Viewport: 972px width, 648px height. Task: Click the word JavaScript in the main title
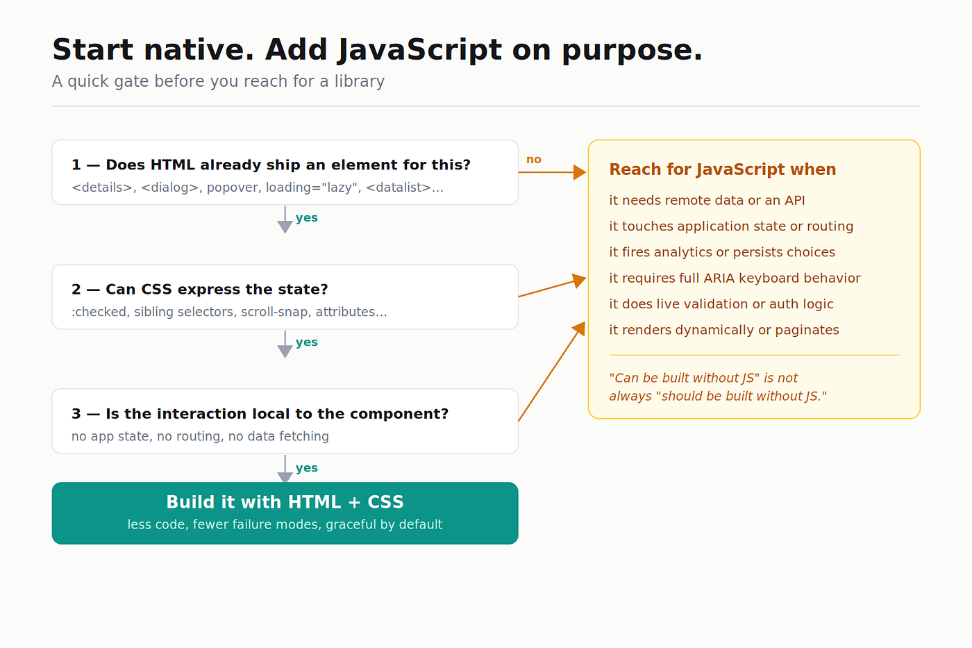pyautogui.click(x=419, y=50)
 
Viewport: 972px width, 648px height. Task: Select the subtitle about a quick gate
pyautogui.click(x=218, y=81)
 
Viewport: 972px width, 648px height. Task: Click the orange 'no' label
pyautogui.click(x=534, y=160)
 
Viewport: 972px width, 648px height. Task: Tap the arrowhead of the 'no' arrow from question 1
pyautogui.click(x=580, y=172)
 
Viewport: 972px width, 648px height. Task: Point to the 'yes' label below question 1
pyautogui.click(x=307, y=218)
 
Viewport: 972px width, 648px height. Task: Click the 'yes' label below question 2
pyautogui.click(x=307, y=342)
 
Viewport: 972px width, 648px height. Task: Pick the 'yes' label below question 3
pyautogui.click(x=307, y=468)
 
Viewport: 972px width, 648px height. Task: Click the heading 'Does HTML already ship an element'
pyautogui.click(x=271, y=165)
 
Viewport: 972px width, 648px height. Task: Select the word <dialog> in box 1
pyautogui.click(x=169, y=188)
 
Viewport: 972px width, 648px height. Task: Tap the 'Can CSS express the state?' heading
pyautogui.click(x=200, y=290)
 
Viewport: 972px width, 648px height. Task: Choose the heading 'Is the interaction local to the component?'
pyautogui.click(x=260, y=414)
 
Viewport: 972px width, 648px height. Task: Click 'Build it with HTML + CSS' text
pyautogui.click(x=285, y=502)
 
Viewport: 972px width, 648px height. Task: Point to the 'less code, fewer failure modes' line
pyautogui.click(x=285, y=525)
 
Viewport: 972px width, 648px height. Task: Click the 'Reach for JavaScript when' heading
pyautogui.click(x=723, y=169)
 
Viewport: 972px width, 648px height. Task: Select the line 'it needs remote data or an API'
pyautogui.click(x=707, y=201)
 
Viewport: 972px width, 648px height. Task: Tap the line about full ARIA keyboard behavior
pyautogui.click(x=735, y=279)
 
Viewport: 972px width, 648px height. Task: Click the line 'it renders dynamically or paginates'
pyautogui.click(x=723, y=331)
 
